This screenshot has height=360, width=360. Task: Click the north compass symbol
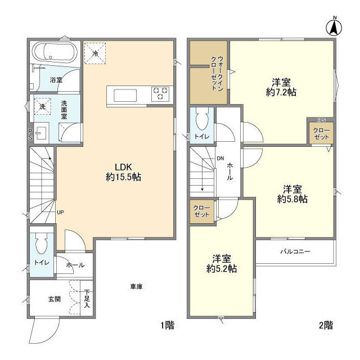[334, 26]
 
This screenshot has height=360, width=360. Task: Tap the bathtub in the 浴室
[56, 52]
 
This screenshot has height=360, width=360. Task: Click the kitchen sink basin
[125, 96]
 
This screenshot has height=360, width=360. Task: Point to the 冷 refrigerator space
[95, 53]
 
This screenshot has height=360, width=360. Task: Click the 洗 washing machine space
[43, 106]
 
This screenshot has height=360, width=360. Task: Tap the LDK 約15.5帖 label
[123, 172]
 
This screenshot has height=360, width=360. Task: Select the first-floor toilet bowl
[42, 244]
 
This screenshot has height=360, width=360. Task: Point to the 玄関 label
[55, 299]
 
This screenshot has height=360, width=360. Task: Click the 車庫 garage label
[136, 286]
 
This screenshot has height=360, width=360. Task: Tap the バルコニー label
[295, 251]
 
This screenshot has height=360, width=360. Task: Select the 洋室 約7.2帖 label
[281, 87]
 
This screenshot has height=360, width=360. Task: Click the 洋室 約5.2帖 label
[222, 264]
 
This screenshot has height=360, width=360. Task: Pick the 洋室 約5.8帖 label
[292, 194]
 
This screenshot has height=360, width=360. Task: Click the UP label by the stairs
[60, 213]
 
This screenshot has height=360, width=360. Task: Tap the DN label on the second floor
[220, 158]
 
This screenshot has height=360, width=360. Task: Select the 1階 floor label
[167, 325]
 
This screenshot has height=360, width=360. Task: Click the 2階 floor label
[326, 325]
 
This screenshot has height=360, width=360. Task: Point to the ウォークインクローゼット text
[217, 73]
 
